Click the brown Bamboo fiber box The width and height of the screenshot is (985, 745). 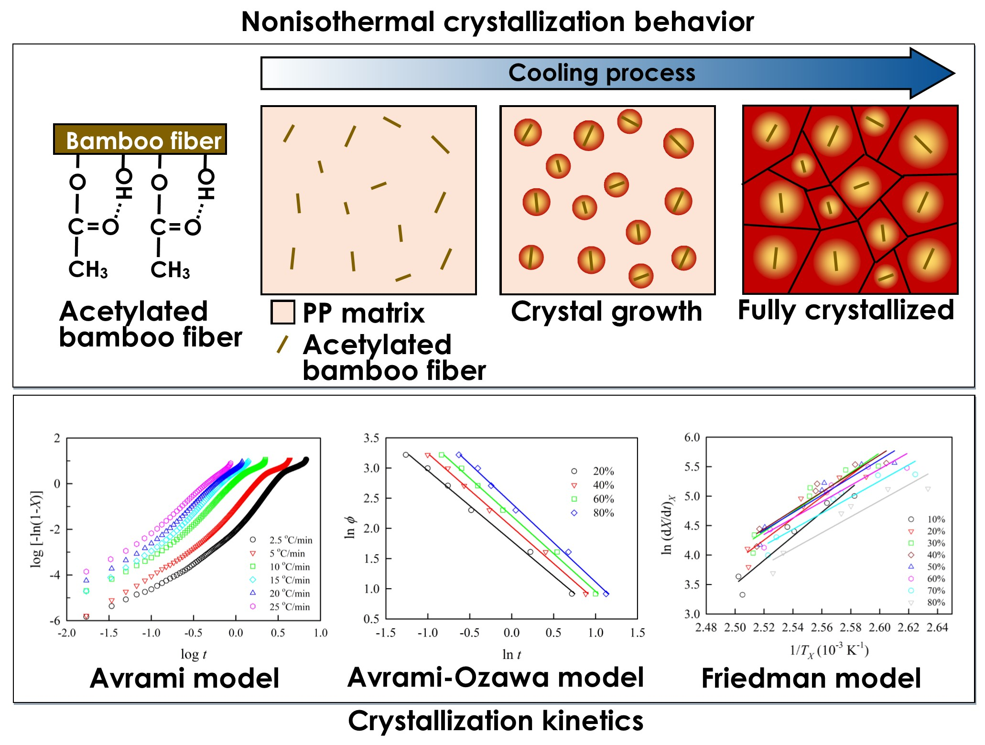pyautogui.click(x=140, y=140)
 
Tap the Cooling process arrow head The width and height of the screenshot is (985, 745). pyautogui.click(x=932, y=74)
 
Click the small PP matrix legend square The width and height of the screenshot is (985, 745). pyautogui.click(x=282, y=313)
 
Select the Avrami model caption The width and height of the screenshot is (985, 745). pyautogui.click(x=184, y=678)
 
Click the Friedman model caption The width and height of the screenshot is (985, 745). pyautogui.click(x=811, y=678)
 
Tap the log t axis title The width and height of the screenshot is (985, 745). pyautogui.click(x=194, y=654)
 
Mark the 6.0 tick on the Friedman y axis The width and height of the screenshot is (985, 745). pyautogui.click(x=692, y=437)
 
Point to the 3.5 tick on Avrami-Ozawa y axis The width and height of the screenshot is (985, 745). pyautogui.click(x=371, y=438)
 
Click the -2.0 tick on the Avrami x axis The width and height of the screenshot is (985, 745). pyautogui.click(x=66, y=633)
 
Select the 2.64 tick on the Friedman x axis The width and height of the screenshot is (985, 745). pyautogui.click(x=937, y=627)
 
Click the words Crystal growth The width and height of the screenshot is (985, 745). pyautogui.click(x=606, y=312)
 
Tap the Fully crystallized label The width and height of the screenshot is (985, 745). pyautogui.click(x=845, y=311)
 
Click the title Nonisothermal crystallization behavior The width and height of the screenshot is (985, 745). pyautogui.click(x=497, y=22)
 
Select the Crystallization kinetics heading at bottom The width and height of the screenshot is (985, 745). pyautogui.click(x=496, y=721)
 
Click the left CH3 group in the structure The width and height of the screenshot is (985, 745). pyautogui.click(x=88, y=270)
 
